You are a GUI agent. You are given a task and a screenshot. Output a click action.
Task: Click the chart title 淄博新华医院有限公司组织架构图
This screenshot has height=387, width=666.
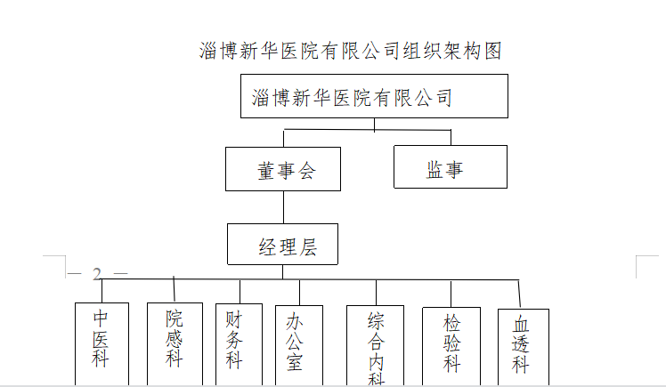[351, 51]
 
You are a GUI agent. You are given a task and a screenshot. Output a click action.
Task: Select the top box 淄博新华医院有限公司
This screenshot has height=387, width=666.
[374, 96]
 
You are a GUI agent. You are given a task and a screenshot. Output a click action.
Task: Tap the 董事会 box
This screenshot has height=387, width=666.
[283, 169]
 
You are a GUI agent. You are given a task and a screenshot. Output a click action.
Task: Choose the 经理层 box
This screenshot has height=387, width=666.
[283, 245]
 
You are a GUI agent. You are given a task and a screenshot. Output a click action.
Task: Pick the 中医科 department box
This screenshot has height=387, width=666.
[102, 343]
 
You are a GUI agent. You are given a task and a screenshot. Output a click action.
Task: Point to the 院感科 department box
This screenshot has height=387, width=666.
[175, 343]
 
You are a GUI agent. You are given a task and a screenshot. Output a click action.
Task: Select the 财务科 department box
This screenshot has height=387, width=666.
[233, 343]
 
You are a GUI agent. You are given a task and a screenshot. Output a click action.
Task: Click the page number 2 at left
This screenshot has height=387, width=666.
[97, 274]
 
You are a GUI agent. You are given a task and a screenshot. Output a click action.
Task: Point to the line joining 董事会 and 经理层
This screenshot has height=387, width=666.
[283, 207]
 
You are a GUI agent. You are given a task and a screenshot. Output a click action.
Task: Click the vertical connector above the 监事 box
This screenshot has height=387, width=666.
[451, 137]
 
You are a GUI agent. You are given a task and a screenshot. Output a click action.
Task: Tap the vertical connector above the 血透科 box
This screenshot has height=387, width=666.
[519, 294]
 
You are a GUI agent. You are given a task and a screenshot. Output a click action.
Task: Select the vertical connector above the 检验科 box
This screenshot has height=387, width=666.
[451, 293]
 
